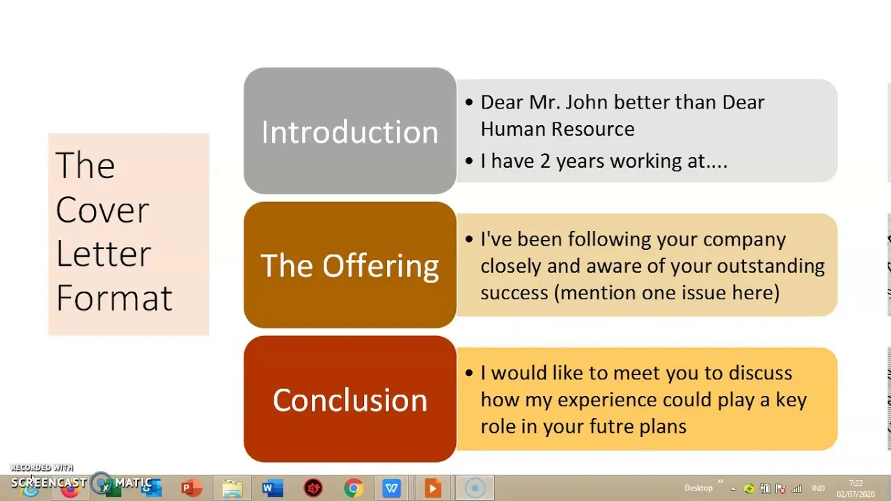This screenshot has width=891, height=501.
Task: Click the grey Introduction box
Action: tap(350, 131)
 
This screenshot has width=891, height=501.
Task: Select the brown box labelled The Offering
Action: tap(350, 265)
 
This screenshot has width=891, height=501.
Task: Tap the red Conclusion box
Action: tap(350, 399)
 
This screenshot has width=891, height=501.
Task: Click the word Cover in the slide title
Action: tap(102, 209)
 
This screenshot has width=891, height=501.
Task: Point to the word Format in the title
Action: tap(114, 297)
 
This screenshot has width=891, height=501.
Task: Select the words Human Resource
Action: tap(557, 129)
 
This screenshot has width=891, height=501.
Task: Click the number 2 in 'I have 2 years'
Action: tap(545, 161)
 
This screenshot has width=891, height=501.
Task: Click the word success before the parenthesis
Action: tap(514, 292)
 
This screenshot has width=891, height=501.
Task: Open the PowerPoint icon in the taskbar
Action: tap(191, 488)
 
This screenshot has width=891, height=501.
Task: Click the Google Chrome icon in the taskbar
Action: tap(354, 488)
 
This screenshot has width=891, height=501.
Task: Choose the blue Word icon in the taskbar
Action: tap(272, 488)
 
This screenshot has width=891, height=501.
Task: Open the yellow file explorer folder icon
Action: tap(232, 488)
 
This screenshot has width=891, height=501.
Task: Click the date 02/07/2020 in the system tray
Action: tap(855, 494)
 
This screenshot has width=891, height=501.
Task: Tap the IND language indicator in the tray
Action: tap(819, 488)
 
